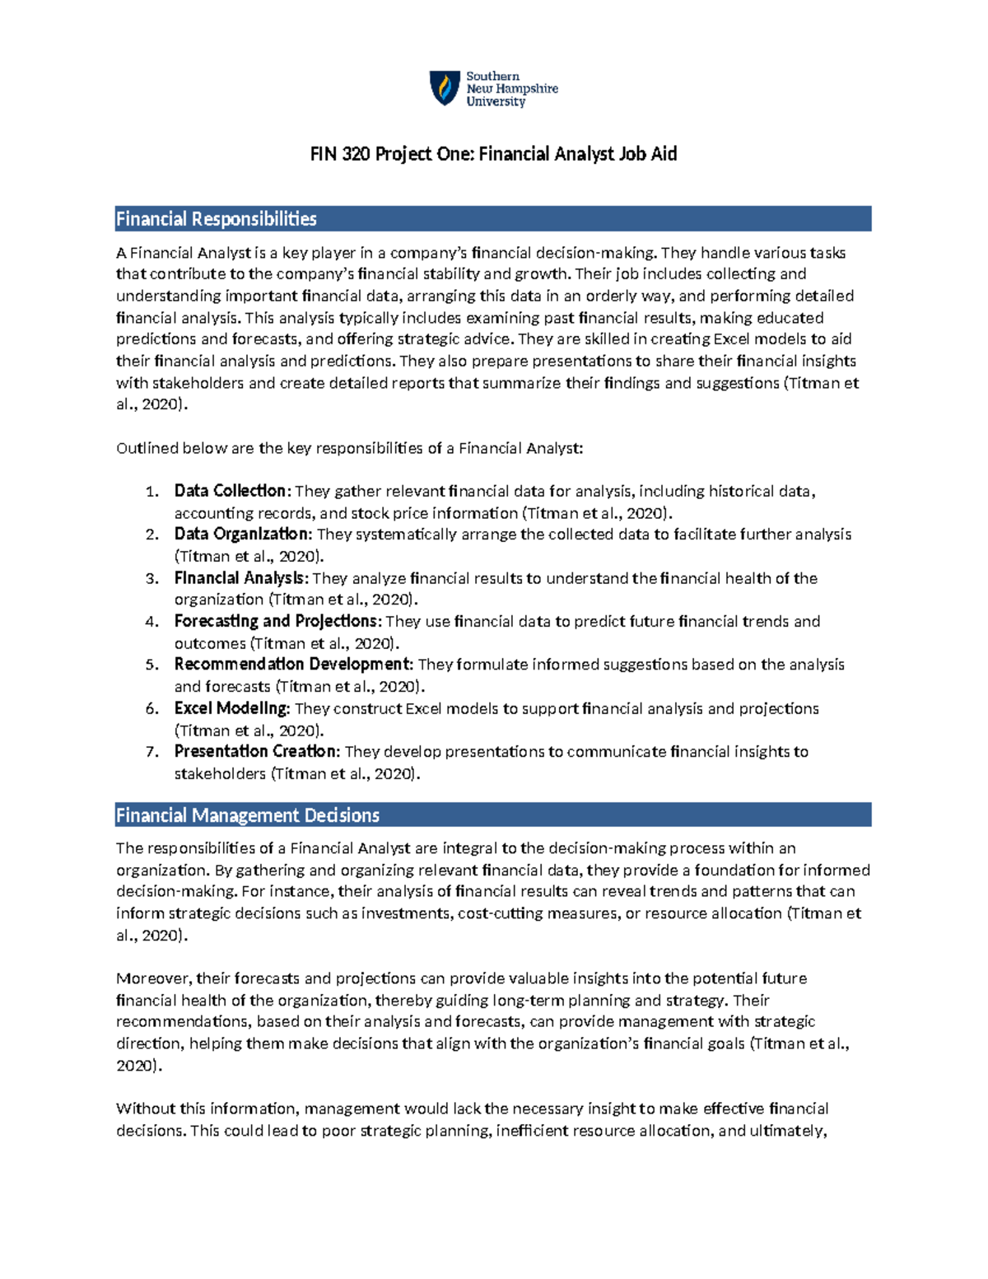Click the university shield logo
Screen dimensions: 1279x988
coord(445,88)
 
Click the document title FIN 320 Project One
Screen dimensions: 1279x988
coord(493,154)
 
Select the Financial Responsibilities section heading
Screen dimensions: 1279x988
coord(217,219)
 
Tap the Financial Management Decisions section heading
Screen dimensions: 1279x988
coord(248,815)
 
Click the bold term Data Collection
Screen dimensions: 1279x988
coord(231,491)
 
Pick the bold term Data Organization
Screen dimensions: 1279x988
coord(242,534)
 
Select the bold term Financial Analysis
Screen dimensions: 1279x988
coord(240,578)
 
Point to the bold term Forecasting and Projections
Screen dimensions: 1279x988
coord(277,621)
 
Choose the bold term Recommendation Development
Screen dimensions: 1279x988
coord(293,665)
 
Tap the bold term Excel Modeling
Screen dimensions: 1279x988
coord(231,708)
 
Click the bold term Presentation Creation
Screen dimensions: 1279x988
coord(256,751)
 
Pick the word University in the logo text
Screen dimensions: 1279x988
coord(496,102)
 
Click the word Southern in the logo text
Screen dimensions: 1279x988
coord(492,77)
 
